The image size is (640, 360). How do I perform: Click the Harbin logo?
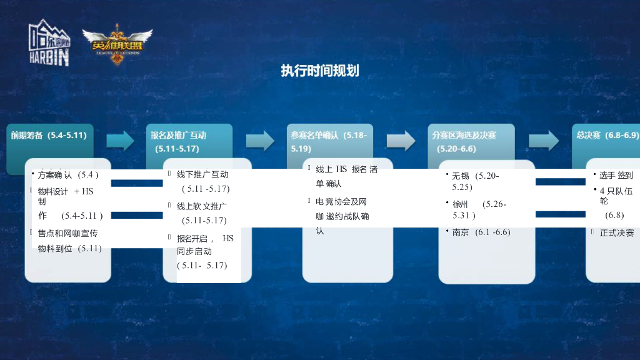49,43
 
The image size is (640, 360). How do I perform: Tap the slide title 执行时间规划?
319,71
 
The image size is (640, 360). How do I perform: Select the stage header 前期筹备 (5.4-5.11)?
49,135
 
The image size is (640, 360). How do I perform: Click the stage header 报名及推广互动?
178,135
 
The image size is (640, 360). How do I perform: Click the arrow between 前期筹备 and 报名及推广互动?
120,141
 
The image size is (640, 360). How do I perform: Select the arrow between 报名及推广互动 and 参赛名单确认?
260,141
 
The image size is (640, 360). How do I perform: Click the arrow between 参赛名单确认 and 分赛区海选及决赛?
401,141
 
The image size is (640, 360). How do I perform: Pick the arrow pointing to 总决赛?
544,141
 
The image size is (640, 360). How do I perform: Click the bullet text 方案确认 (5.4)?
68,174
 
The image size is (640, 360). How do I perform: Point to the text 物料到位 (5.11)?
69,248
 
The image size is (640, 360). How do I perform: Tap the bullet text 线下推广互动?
202,174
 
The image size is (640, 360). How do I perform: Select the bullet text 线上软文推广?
201,206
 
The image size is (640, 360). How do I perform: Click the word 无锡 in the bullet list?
461,176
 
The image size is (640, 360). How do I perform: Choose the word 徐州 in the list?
461,204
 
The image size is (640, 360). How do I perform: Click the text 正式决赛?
616,232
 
